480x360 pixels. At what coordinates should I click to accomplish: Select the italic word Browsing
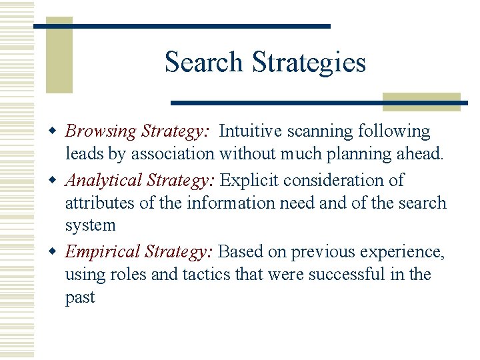coord(101,131)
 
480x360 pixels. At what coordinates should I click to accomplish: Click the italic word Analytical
coord(104,181)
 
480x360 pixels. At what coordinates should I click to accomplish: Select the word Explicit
coord(249,181)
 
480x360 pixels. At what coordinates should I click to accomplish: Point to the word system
coord(90,225)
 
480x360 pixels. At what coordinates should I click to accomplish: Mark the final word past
coord(80,297)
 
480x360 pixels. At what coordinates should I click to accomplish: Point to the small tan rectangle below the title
coord(421,101)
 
